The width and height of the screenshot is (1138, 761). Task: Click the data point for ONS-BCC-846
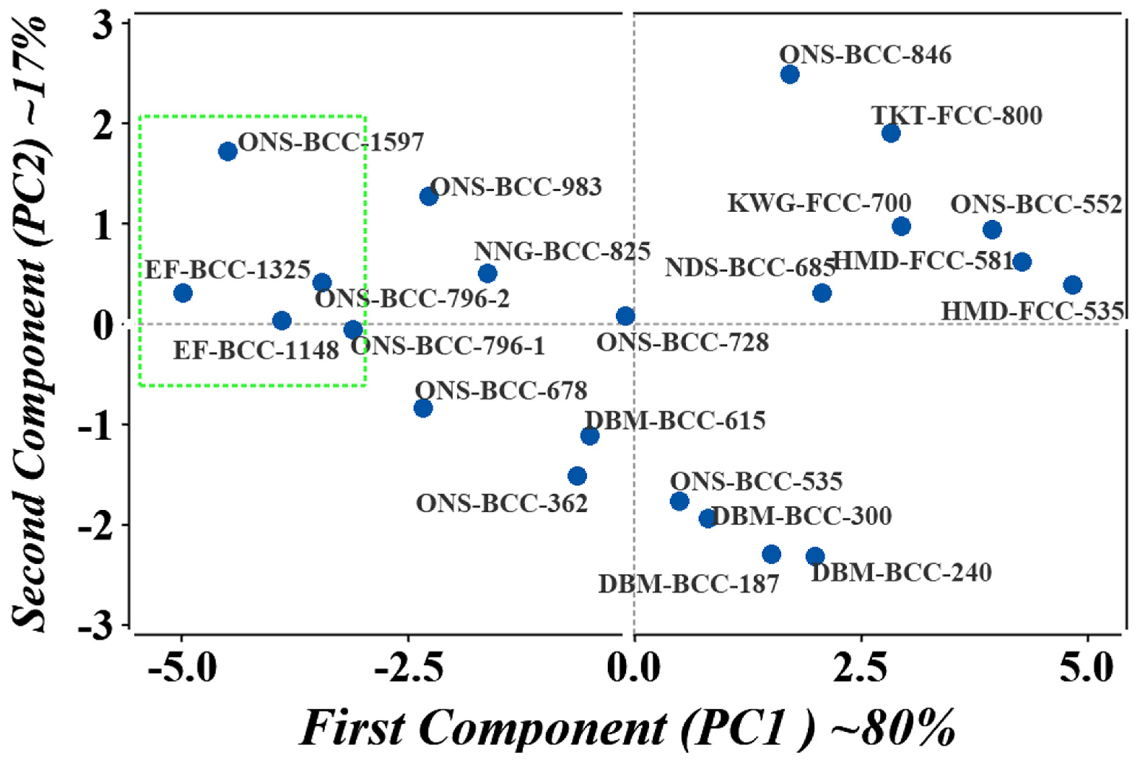tap(790, 74)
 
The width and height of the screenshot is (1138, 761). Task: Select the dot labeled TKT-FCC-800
tap(890, 133)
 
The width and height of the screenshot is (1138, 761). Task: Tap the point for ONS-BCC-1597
tap(228, 151)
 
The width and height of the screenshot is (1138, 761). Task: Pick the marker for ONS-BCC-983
tap(428, 196)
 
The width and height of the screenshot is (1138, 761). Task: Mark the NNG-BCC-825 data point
tap(488, 273)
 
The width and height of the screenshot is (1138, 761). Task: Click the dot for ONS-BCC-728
tap(625, 316)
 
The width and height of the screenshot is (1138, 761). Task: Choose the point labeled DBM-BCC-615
tap(589, 436)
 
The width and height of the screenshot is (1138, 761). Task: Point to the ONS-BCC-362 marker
tap(577, 476)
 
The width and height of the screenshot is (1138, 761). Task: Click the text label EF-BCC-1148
tap(256, 350)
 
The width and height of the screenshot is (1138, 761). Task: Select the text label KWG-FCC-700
tap(819, 204)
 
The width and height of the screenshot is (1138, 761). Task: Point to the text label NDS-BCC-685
tap(749, 268)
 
